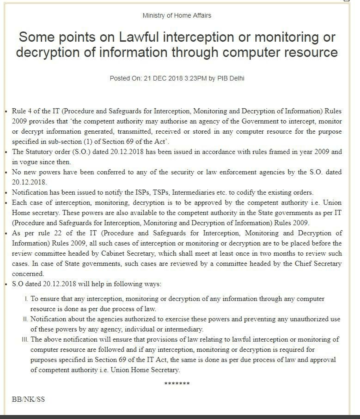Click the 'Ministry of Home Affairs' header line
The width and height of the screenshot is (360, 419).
click(177, 15)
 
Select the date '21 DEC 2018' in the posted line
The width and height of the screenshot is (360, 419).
click(163, 78)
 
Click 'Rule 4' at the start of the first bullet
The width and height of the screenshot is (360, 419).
click(22, 111)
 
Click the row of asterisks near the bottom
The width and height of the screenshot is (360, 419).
click(177, 383)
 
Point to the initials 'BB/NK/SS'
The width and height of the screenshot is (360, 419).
click(28, 399)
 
